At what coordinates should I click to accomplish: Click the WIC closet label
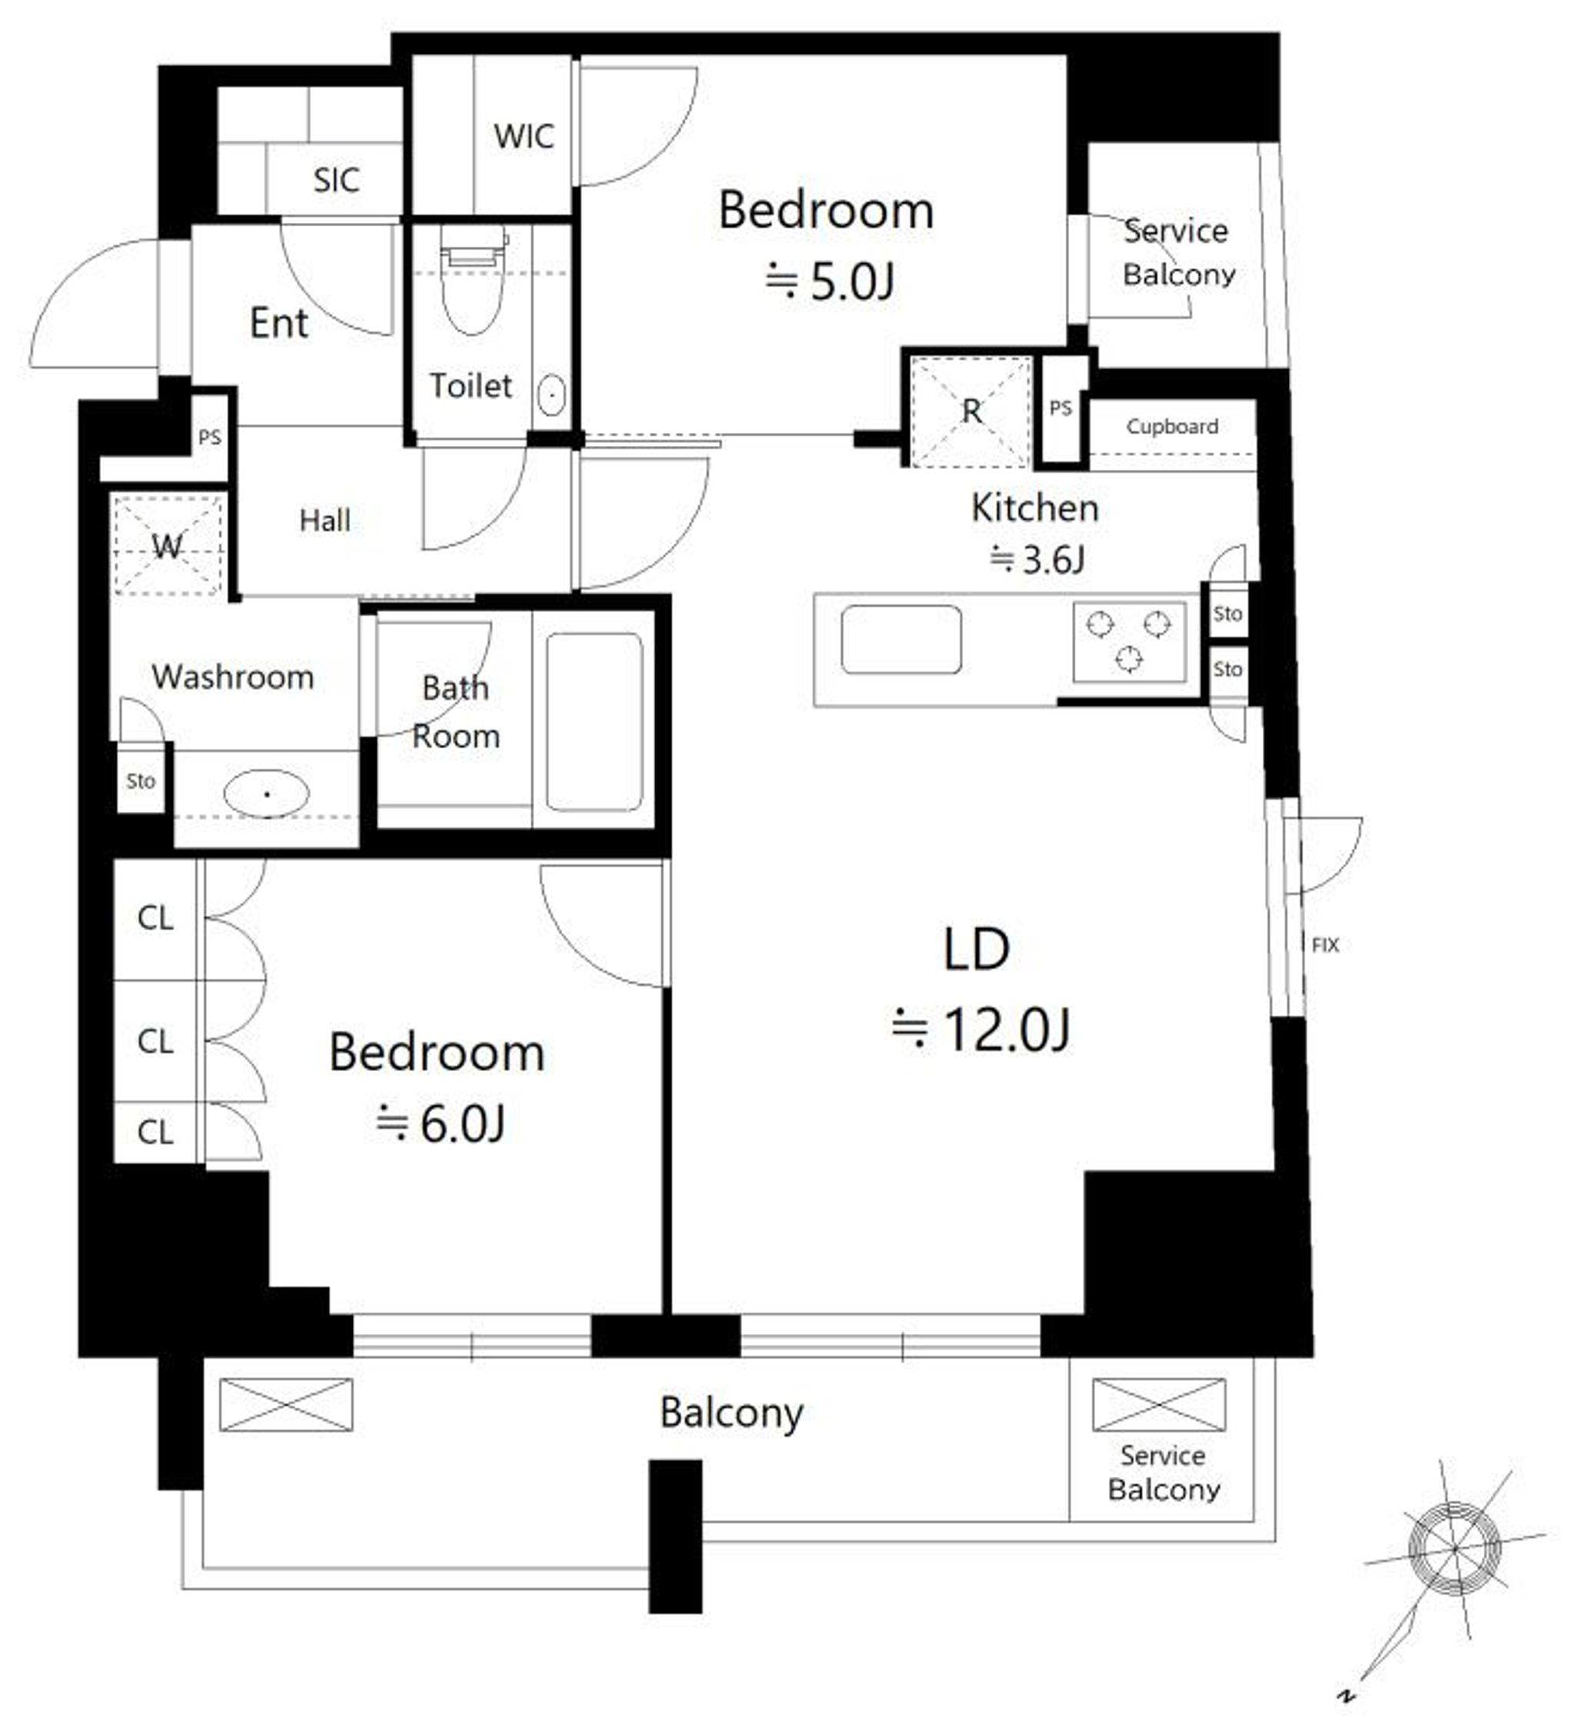click(524, 137)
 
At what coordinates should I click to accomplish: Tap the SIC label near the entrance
click(335, 181)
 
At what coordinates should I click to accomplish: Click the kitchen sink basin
click(901, 640)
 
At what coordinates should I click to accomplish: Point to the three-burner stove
click(1129, 641)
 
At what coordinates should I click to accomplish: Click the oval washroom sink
click(267, 793)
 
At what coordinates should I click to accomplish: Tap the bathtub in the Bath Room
click(594, 721)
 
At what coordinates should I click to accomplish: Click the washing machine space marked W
click(168, 545)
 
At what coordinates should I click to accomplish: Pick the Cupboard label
click(1172, 427)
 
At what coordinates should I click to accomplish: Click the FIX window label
click(1325, 946)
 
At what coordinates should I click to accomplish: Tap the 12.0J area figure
click(982, 1029)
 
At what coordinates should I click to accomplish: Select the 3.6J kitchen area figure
click(1037, 560)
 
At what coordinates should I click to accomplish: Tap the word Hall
click(325, 520)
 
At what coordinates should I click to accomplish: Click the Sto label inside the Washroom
click(140, 781)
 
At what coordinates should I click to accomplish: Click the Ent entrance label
click(278, 323)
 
